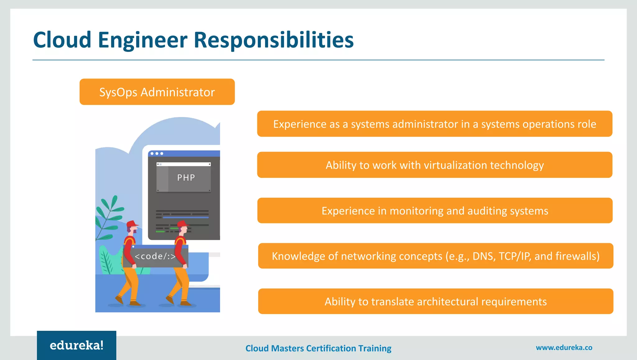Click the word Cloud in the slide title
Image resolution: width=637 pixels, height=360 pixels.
[x=62, y=40]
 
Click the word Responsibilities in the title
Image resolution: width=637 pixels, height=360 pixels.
[x=274, y=40]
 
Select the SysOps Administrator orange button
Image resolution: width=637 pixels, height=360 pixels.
[x=157, y=92]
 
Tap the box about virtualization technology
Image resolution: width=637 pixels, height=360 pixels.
[x=435, y=165]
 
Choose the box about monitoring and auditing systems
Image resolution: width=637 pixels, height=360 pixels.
[x=435, y=211]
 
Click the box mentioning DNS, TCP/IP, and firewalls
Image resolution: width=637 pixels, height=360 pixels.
[x=435, y=256]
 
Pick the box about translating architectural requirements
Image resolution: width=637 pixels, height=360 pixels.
[x=435, y=301]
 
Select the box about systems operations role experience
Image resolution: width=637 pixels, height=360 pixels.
[x=435, y=124]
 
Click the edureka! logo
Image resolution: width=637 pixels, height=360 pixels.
[x=77, y=345]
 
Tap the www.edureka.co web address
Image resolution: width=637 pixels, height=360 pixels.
[x=564, y=348]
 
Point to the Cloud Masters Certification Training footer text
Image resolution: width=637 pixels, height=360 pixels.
[x=318, y=348]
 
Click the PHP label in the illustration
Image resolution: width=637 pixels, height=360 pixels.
[x=186, y=178]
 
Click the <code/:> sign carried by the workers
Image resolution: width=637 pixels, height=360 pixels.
[x=155, y=256]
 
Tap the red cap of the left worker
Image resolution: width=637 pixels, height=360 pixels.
[x=132, y=224]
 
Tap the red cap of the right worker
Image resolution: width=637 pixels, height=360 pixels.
[x=182, y=224]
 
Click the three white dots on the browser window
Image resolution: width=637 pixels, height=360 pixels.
[x=157, y=153]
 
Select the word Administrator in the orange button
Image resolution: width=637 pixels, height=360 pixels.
[x=178, y=92]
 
